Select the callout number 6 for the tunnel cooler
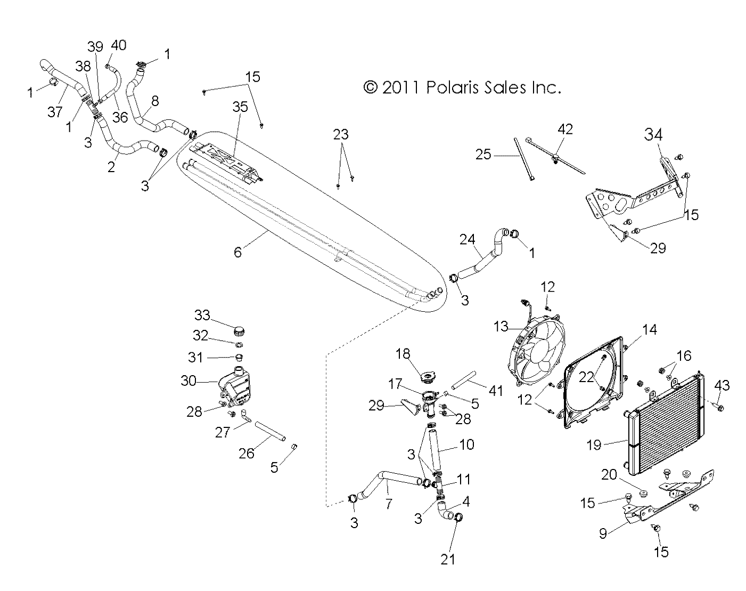point(237,252)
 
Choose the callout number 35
point(240,107)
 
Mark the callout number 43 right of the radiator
point(722,385)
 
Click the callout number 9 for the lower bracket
point(602,533)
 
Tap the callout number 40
point(118,45)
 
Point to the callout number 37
point(54,111)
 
